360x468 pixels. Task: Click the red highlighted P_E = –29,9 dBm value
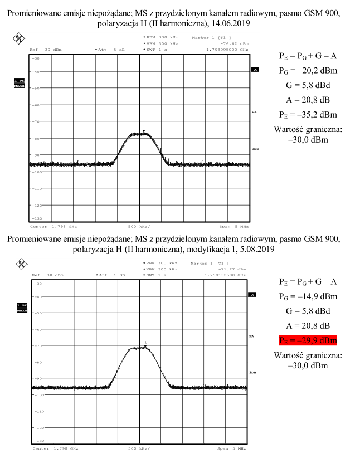[x=308, y=340]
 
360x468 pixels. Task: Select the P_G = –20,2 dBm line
[x=308, y=71]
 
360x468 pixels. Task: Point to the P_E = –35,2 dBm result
[x=308, y=115]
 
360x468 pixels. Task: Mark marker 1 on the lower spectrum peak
[x=145, y=344]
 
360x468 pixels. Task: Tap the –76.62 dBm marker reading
[x=229, y=43]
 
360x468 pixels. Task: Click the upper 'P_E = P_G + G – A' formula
[x=308, y=57]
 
